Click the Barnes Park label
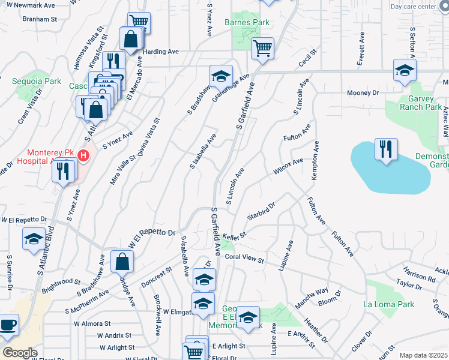[x=246, y=23]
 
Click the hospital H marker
[x=83, y=156]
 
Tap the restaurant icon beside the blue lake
[x=386, y=149]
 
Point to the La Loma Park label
[x=389, y=304]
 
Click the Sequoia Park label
[x=36, y=80]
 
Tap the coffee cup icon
[x=8, y=325]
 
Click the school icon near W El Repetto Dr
[x=34, y=239]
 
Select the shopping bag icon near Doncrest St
[x=122, y=261]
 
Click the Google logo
[x=19, y=353]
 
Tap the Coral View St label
[x=244, y=259]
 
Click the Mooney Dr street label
[x=364, y=93]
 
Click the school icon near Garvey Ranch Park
[x=405, y=70]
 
